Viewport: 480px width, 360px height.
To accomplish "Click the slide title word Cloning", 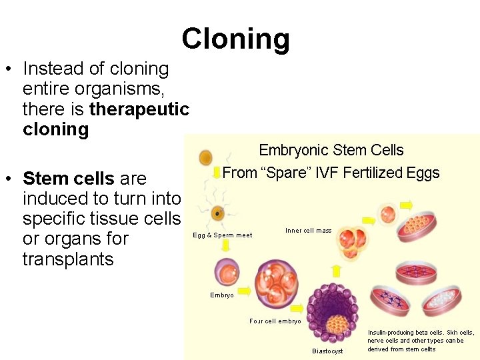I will (235, 39).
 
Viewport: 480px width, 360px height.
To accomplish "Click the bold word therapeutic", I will (139, 109).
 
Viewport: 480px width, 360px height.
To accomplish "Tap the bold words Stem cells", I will (68, 179).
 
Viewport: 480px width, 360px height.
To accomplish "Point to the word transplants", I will (68, 259).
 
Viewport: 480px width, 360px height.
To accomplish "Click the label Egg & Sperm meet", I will (223, 235).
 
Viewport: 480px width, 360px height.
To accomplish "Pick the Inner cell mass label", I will (308, 231).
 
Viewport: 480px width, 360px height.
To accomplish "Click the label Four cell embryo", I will (275, 321).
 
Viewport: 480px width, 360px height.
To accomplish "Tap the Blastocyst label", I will (327, 351).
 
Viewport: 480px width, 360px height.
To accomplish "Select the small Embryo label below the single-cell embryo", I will (222, 295).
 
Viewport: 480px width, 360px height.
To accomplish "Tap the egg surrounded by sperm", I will (217, 213).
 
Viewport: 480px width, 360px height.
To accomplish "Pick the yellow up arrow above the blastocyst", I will (336, 271).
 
